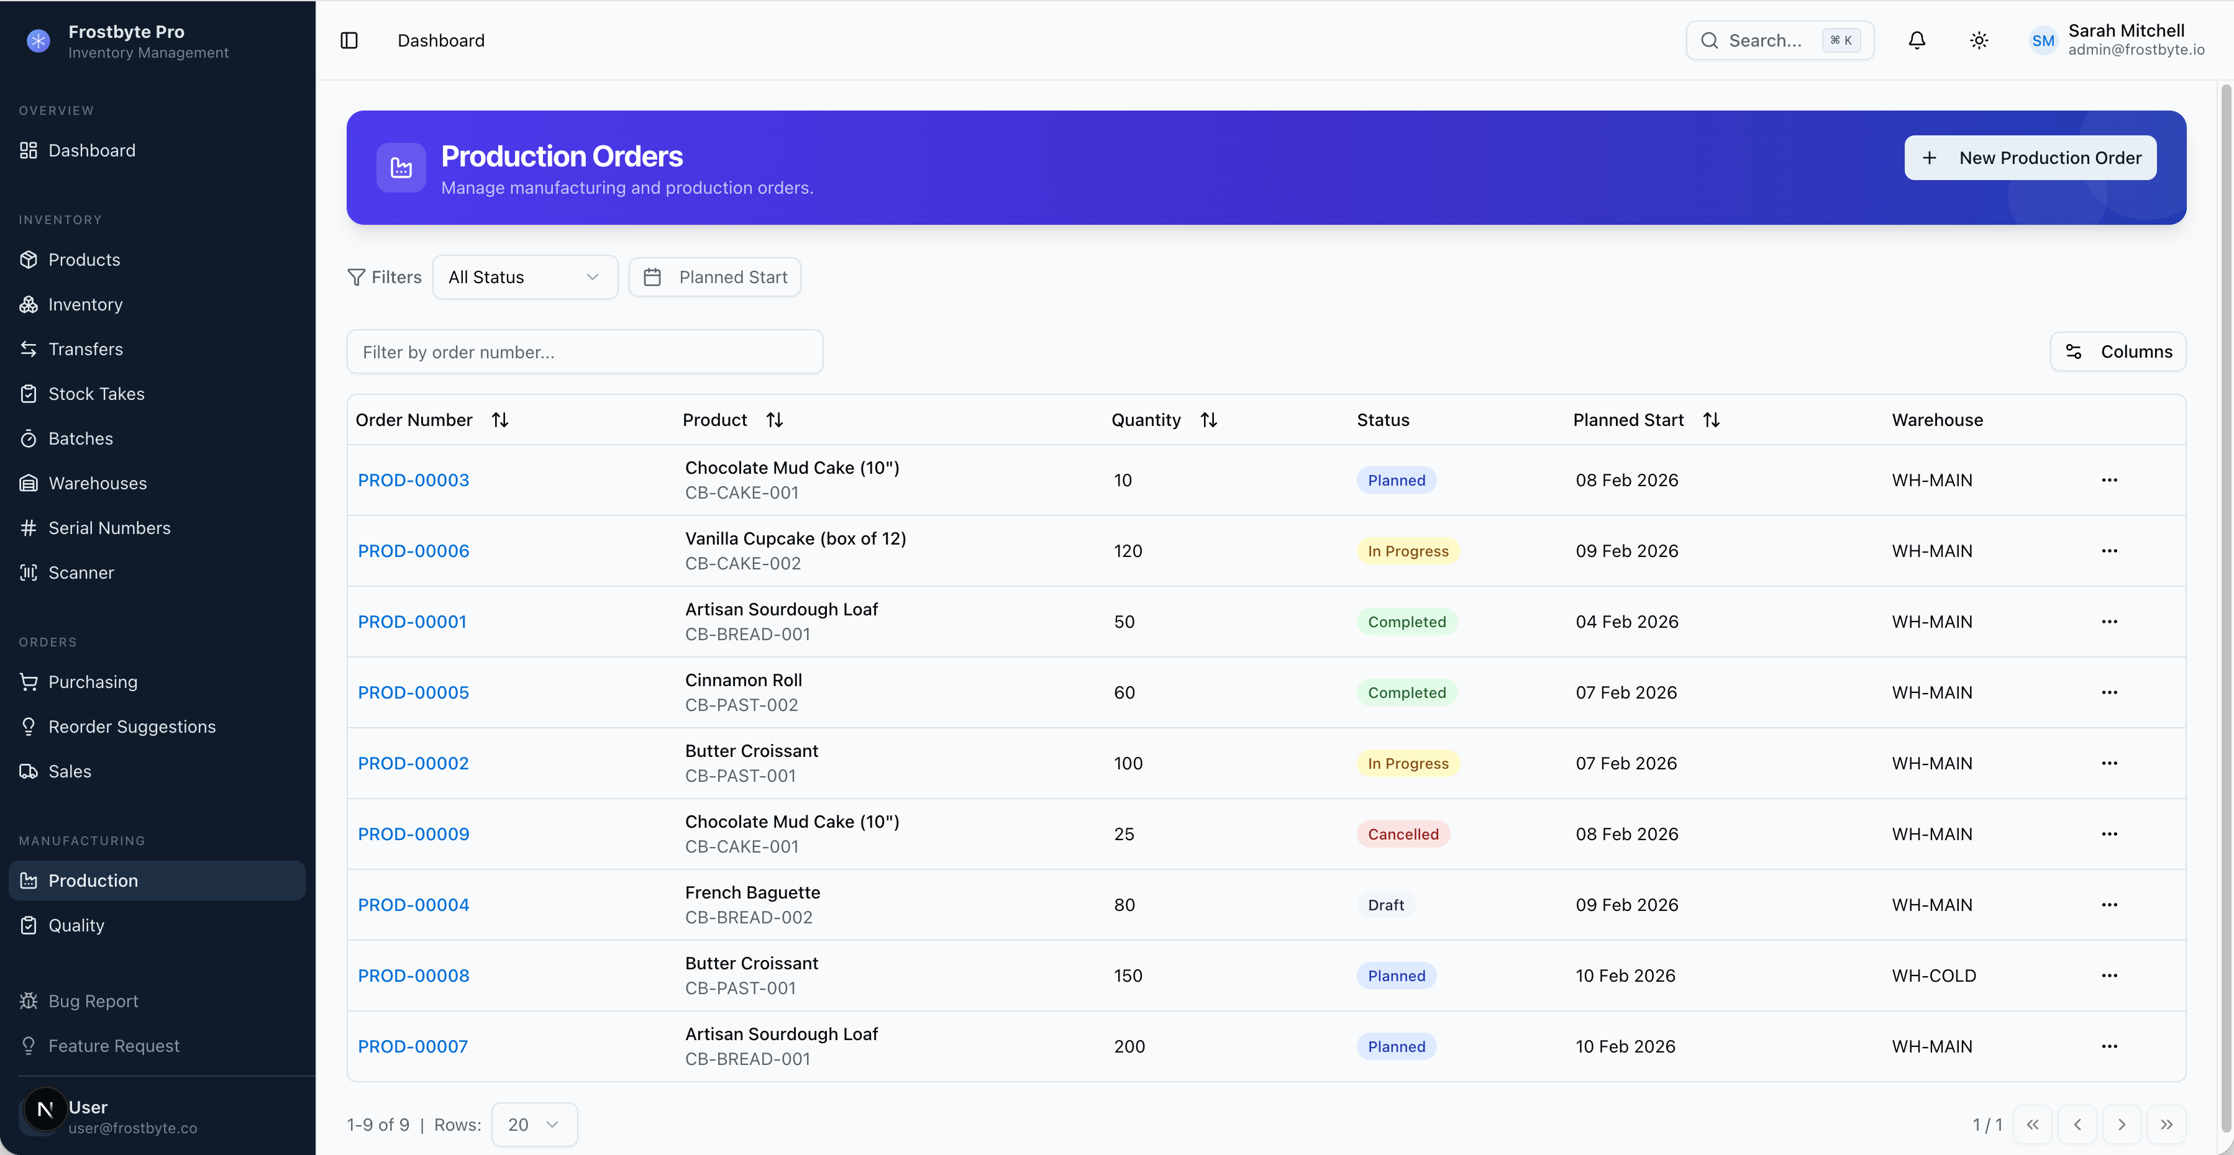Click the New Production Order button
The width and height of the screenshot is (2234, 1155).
coord(2030,158)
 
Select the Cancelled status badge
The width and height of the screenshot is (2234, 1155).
coord(1402,834)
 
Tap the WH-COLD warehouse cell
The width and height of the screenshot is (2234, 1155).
coord(1933,976)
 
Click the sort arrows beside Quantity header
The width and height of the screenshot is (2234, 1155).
coord(1208,420)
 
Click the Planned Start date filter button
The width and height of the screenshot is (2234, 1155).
coord(714,278)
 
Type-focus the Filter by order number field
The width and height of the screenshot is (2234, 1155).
coord(585,352)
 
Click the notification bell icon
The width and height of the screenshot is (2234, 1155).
coord(1917,41)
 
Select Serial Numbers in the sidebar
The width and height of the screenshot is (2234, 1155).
coord(109,528)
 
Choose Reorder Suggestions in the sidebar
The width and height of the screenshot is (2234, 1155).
coord(132,727)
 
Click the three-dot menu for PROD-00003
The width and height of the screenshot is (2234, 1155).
coord(2109,481)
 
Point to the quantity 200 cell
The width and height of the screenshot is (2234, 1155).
coord(1129,1046)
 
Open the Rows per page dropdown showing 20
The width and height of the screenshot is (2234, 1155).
coord(534,1125)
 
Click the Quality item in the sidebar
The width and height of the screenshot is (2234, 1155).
coord(76,925)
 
